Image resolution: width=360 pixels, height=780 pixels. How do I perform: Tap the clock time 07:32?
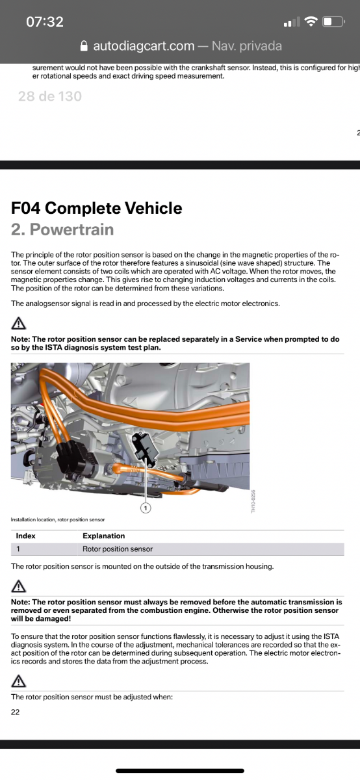click(45, 21)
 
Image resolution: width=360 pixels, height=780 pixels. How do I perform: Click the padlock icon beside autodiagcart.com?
click(84, 46)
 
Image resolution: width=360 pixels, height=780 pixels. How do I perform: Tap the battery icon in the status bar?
click(333, 21)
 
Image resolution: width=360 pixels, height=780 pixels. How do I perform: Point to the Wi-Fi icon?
click(311, 21)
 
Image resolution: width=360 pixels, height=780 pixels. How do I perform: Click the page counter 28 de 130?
click(50, 96)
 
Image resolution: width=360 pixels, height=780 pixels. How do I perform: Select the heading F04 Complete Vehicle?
click(96, 208)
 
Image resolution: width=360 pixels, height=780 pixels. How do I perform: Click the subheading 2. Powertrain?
click(62, 229)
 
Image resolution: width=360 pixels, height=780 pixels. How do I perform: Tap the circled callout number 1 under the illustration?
click(146, 508)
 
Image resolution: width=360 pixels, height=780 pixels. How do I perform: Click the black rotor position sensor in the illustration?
click(145, 447)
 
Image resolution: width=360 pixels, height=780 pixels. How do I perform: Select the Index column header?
click(25, 536)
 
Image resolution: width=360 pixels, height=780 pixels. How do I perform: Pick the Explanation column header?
click(104, 536)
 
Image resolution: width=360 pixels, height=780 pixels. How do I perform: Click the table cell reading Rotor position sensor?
click(118, 549)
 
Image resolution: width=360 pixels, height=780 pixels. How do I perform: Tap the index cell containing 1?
click(18, 549)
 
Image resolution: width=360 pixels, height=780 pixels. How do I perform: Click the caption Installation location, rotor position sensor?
click(58, 519)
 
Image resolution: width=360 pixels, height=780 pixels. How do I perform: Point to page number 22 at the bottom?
click(16, 712)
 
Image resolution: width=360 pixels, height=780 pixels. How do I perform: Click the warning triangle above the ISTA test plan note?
click(18, 324)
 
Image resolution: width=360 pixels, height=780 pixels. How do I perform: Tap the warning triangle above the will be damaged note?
click(18, 586)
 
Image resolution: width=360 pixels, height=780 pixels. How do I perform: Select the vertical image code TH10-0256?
click(253, 501)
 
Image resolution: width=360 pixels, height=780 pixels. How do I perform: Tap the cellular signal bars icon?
click(292, 22)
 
